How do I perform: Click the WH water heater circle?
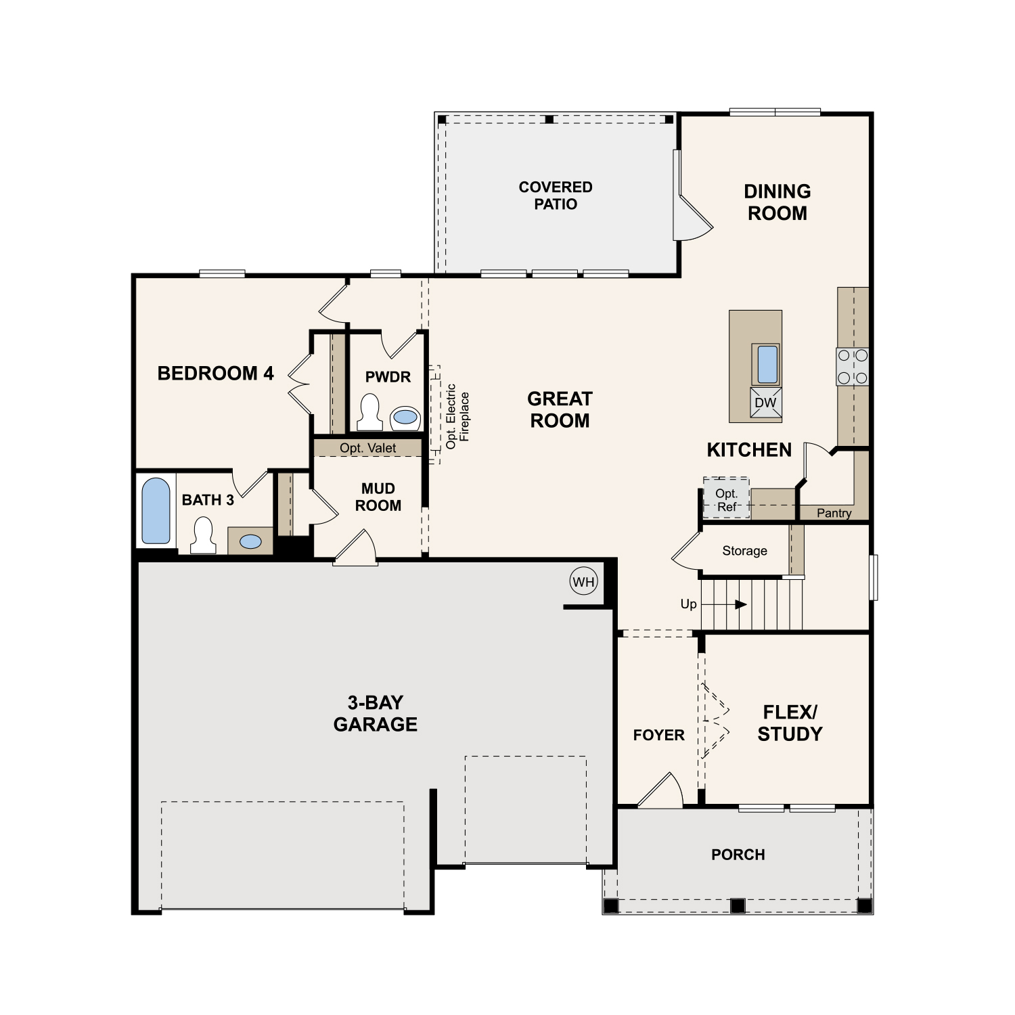583,581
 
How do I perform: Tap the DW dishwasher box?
766,403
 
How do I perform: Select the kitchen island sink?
767,365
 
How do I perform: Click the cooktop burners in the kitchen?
853,367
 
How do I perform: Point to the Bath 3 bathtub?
156,511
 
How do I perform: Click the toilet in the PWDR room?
369,412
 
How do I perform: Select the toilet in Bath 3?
203,536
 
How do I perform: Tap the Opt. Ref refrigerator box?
726,499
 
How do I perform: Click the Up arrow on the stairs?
724,604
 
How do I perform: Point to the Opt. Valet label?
368,448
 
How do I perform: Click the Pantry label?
834,513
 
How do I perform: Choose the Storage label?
744,551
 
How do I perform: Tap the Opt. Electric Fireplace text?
457,416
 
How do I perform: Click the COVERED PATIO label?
556,196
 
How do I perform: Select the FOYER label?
658,735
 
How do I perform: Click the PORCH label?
738,855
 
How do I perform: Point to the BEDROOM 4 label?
215,374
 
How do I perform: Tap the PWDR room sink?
405,418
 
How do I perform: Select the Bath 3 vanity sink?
250,541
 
